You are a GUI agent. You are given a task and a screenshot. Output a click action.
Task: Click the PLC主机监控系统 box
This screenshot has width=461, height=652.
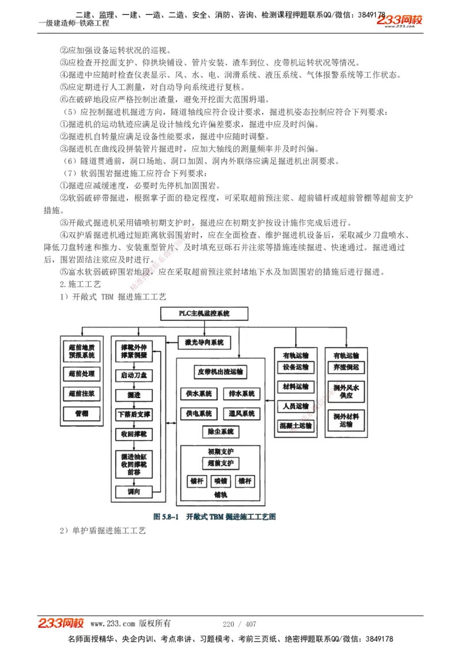[205, 313]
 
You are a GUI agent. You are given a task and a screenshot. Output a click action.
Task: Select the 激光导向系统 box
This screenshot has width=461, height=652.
[205, 343]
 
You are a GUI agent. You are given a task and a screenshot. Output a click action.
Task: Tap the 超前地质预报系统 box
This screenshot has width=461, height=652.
[81, 351]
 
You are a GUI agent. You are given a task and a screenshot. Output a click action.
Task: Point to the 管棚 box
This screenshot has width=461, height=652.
[81, 414]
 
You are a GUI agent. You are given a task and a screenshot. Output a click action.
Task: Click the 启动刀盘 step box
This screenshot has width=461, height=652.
[134, 376]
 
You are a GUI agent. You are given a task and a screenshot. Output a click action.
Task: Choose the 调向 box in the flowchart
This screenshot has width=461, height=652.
[134, 491]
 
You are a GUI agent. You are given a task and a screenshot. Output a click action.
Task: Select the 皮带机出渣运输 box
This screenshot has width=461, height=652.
[220, 372]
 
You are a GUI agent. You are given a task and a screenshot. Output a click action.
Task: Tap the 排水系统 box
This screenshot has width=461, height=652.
[241, 394]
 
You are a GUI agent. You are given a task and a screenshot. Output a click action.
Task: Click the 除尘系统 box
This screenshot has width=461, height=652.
[220, 431]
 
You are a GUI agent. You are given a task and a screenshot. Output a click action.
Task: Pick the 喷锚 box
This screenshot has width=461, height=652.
[220, 481]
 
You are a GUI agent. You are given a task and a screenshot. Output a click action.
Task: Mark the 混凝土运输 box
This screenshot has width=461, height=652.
[296, 426]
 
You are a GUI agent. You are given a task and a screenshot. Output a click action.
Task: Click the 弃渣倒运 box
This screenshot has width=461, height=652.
[346, 367]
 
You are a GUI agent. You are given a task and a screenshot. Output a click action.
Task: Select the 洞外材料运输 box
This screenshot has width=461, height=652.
[346, 420]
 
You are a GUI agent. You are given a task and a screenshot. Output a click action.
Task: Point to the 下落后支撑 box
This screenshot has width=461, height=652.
[134, 414]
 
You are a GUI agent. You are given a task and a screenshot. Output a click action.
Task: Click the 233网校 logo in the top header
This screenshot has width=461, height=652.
[400, 21]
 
